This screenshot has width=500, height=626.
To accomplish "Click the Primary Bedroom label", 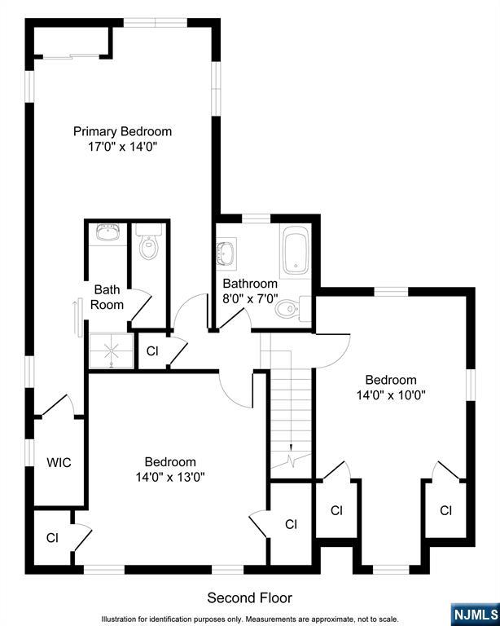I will pyautogui.click(x=122, y=131).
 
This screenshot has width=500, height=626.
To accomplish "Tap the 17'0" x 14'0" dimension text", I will pyautogui.click(x=122, y=148).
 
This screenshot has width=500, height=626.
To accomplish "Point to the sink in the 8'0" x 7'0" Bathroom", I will pyautogui.click(x=226, y=252).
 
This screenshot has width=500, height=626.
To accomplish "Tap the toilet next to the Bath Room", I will pyautogui.click(x=148, y=245).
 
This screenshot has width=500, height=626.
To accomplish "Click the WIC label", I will pyautogui.click(x=59, y=463).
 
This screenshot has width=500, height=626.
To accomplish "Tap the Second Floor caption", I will pyautogui.click(x=249, y=598).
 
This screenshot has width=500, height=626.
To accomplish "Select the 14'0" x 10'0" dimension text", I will pyautogui.click(x=390, y=395).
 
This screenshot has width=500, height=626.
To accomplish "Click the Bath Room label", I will pyautogui.click(x=107, y=297).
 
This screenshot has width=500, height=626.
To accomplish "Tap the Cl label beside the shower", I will pyautogui.click(x=152, y=351).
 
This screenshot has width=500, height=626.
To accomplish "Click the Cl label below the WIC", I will pyautogui.click(x=52, y=538).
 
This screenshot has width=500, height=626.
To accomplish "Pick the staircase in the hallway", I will pyautogui.click(x=292, y=416).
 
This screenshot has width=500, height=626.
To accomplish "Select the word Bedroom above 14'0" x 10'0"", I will pyautogui.click(x=390, y=380).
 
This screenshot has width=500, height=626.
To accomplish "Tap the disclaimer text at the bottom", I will pyautogui.click(x=250, y=619).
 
